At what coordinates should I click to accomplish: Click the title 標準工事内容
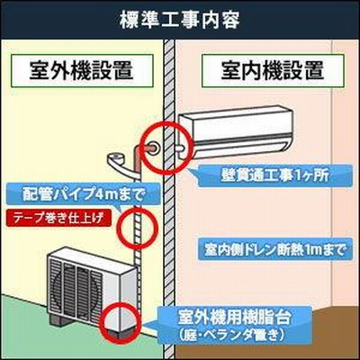tap(180, 21)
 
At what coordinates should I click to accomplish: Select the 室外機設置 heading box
tap(82, 71)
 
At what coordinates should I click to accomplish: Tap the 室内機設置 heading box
tap(273, 71)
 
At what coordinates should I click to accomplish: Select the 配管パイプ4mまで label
tap(82, 195)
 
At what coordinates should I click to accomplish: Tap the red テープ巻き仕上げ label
tap(58, 219)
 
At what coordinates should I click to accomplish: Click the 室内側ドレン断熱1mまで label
tap(274, 249)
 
